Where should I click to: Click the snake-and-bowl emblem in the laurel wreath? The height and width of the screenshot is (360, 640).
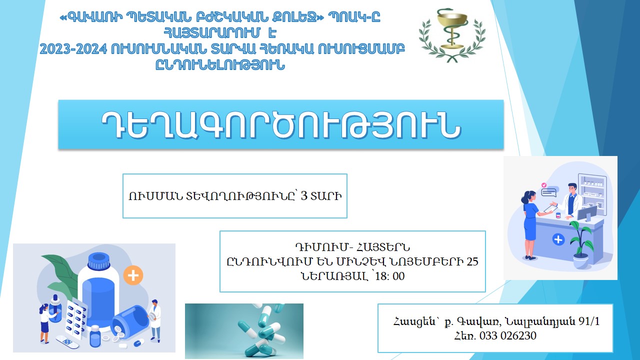point(451,32)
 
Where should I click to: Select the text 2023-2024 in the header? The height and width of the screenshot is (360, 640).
point(68,48)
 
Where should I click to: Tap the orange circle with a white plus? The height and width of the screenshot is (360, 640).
point(133,275)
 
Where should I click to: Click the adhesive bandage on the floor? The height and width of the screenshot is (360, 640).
point(67,342)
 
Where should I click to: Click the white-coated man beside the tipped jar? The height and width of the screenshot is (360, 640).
point(155,320)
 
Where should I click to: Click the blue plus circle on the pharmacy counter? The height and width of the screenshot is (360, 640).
point(558,240)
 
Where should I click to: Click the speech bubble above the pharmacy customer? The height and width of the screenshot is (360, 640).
point(549,190)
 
